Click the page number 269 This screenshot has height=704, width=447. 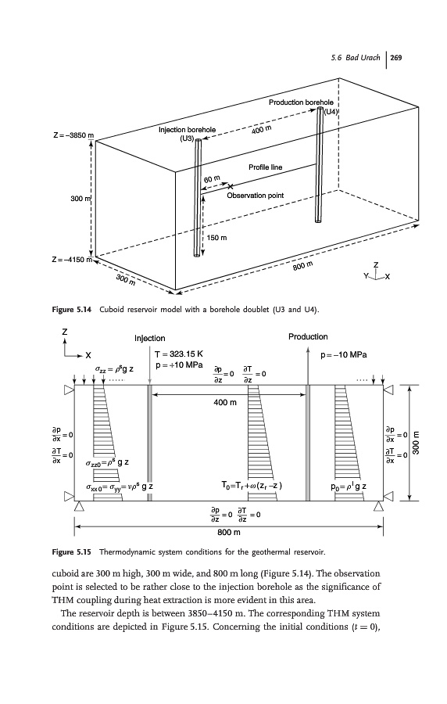[x=396, y=57]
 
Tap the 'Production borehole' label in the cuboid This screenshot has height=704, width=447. [x=301, y=102]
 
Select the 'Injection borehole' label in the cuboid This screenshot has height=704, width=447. [x=187, y=130]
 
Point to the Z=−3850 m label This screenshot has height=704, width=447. [x=73, y=135]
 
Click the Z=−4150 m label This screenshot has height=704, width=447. [x=72, y=260]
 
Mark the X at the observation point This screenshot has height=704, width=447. [x=231, y=186]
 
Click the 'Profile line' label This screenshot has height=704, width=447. [x=266, y=167]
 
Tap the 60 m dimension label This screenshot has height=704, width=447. [x=212, y=179]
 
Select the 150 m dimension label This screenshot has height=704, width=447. [x=216, y=238]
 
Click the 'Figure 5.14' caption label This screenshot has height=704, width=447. [x=72, y=309]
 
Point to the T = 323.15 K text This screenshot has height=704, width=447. [x=179, y=354]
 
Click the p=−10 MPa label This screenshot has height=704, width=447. [x=344, y=354]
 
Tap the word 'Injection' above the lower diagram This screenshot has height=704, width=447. [x=150, y=338]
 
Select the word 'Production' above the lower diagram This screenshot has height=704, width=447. [x=308, y=336]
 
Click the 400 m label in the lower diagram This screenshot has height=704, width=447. [x=225, y=402]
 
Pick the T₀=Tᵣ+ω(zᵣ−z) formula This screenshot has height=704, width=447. [x=252, y=485]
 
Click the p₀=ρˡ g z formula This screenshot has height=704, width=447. [x=349, y=487]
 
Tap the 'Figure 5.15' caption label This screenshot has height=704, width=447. [x=72, y=551]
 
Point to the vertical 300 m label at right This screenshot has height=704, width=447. [x=416, y=443]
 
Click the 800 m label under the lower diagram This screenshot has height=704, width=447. [x=229, y=533]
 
